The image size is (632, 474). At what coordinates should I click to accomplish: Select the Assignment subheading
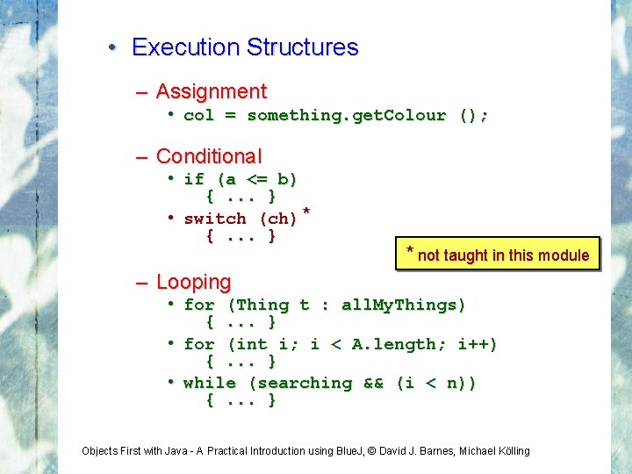point(211,91)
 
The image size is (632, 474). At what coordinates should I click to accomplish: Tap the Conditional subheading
point(208,157)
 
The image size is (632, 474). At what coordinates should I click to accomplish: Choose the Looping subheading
point(193,283)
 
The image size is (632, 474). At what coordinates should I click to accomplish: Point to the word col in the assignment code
point(198,116)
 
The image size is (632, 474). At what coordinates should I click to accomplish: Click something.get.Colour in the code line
point(346,116)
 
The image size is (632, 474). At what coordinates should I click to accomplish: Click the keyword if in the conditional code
point(194,180)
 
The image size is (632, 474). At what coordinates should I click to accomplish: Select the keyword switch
point(215,219)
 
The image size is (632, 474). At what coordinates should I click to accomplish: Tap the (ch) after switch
point(278,219)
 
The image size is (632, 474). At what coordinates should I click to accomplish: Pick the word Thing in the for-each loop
point(262,305)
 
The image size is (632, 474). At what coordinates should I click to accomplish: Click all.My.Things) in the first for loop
point(404,305)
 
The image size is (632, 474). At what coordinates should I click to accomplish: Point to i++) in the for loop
point(477,345)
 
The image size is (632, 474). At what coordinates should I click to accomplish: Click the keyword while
point(210,384)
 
